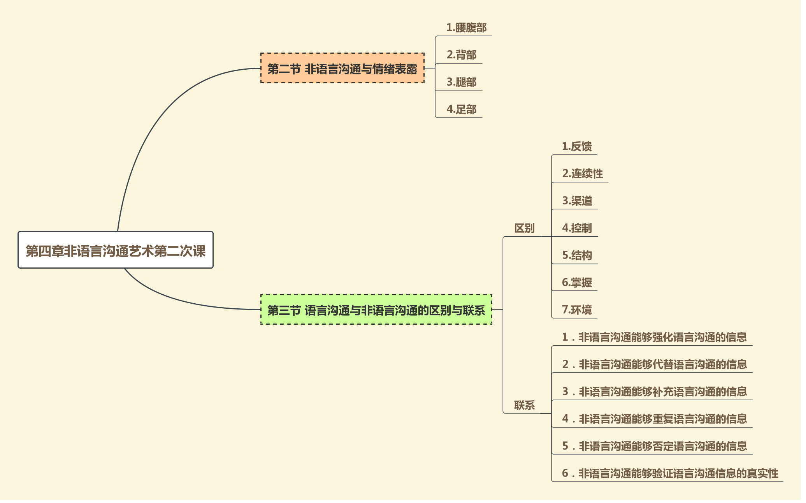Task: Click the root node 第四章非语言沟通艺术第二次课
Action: pyautogui.click(x=116, y=250)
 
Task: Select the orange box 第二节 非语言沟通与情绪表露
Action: pyautogui.click(x=342, y=69)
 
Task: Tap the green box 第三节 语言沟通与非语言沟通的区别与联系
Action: pyautogui.click(x=376, y=310)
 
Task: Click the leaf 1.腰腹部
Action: pyautogui.click(x=466, y=28)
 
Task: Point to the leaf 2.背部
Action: pyautogui.click(x=461, y=55)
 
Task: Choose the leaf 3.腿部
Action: pyautogui.click(x=461, y=82)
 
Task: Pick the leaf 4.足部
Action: pyautogui.click(x=461, y=109)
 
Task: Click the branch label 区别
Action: pyautogui.click(x=524, y=228)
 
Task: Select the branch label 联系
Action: pyautogui.click(x=524, y=405)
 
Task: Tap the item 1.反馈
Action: pyautogui.click(x=577, y=146)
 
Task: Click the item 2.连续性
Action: pyautogui.click(x=582, y=174)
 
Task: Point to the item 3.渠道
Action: pyautogui.click(x=577, y=201)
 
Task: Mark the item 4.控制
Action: pyautogui.click(x=577, y=228)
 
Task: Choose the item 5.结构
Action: pyautogui.click(x=577, y=255)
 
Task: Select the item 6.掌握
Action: pyautogui.click(x=577, y=283)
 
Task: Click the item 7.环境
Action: pyautogui.click(x=577, y=310)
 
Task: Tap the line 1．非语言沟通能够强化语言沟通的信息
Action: pyautogui.click(x=654, y=337)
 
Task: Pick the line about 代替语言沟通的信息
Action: pyautogui.click(x=654, y=364)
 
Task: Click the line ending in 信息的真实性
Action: pyautogui.click(x=670, y=473)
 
